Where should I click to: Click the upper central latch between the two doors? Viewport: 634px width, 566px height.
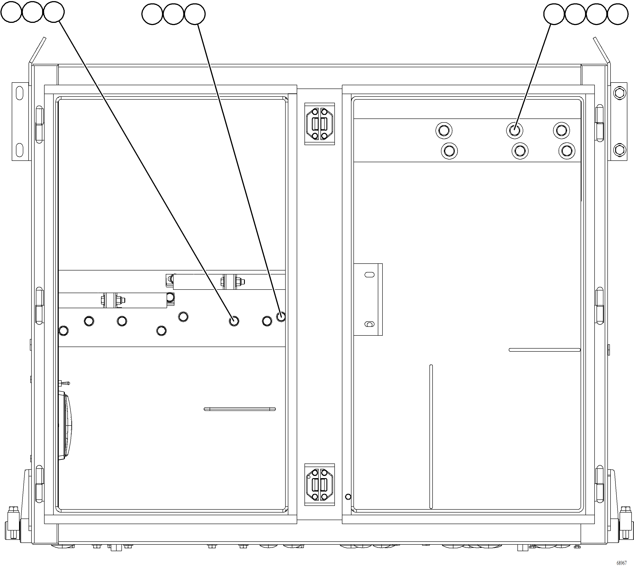[319, 124]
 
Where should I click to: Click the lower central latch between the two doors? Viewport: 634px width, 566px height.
[319, 484]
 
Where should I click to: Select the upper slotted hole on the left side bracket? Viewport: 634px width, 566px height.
[19, 93]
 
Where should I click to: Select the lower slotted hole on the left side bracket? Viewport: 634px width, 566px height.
[19, 150]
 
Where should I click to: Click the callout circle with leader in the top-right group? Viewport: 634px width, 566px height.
[554, 14]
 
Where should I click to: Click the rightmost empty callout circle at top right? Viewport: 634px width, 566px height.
[618, 14]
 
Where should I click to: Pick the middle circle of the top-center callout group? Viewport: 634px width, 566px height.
[173, 14]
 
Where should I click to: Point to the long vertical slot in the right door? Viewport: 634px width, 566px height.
[431, 437]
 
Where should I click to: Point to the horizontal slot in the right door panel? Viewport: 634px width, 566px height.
[544, 350]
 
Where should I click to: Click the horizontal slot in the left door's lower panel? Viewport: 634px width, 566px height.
[240, 409]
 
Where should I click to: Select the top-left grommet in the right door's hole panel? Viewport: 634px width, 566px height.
[444, 130]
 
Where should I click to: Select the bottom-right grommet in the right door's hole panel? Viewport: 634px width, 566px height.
[567, 151]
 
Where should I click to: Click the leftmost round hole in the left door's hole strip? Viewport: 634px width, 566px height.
[63, 331]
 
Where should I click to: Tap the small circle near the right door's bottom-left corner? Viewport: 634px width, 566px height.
[348, 497]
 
